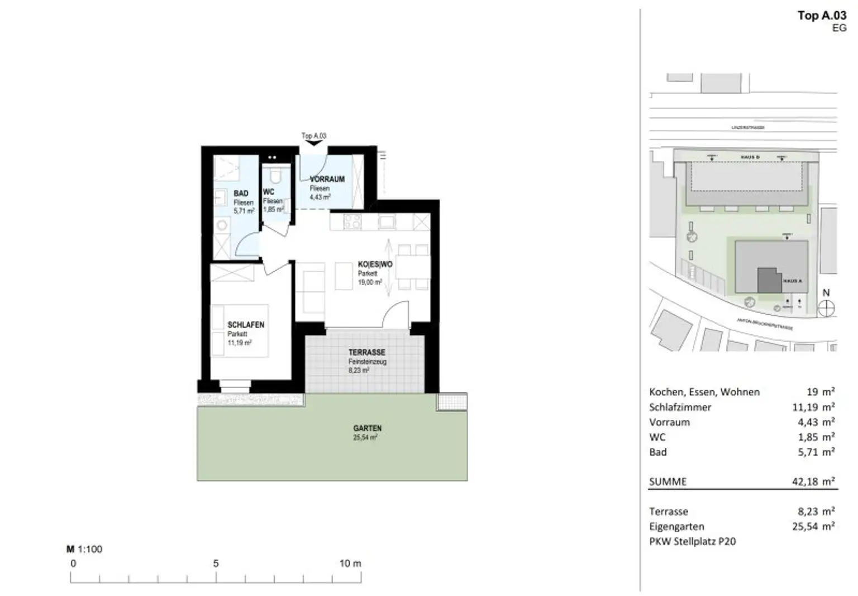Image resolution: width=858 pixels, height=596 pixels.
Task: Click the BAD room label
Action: (x=241, y=193)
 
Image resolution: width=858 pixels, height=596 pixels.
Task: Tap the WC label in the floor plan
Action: (x=269, y=192)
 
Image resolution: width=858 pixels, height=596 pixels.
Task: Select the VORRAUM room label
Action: (x=327, y=179)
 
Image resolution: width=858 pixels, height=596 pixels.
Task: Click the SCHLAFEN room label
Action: (x=246, y=325)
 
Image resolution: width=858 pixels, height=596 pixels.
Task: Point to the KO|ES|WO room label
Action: (x=375, y=264)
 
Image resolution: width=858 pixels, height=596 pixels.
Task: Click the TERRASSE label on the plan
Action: (x=367, y=353)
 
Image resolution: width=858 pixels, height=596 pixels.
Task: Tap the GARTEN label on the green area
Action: (x=367, y=428)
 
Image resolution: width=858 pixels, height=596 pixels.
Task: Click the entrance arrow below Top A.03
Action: (x=314, y=143)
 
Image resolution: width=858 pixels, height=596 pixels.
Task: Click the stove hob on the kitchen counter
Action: (x=352, y=222)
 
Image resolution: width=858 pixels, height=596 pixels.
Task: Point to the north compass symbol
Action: (x=826, y=308)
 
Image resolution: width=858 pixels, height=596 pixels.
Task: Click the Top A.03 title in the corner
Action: (x=822, y=16)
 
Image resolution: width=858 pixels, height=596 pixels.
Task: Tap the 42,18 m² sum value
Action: (x=813, y=481)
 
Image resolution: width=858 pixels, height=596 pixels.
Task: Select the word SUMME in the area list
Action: (x=668, y=481)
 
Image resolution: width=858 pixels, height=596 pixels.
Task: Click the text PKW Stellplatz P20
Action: (x=692, y=541)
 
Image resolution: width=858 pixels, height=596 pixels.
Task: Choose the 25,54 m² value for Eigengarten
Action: (x=813, y=526)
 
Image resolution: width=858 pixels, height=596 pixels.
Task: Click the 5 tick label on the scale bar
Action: (x=216, y=564)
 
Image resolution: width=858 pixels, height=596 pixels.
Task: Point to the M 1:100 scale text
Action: (x=84, y=549)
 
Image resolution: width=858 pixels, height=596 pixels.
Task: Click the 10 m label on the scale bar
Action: (x=350, y=564)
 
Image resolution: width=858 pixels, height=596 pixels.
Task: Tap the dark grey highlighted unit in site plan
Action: (x=769, y=280)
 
